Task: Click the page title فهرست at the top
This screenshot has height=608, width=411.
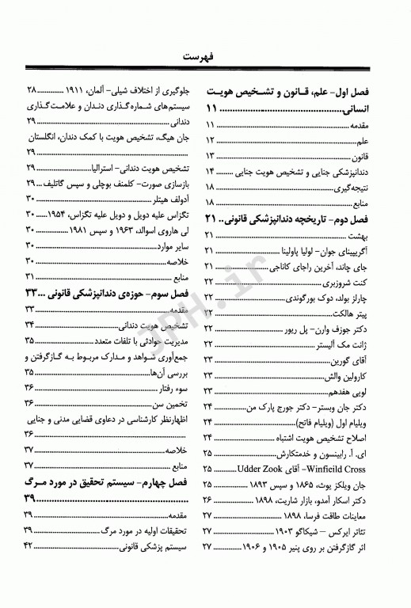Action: click(x=205, y=57)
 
